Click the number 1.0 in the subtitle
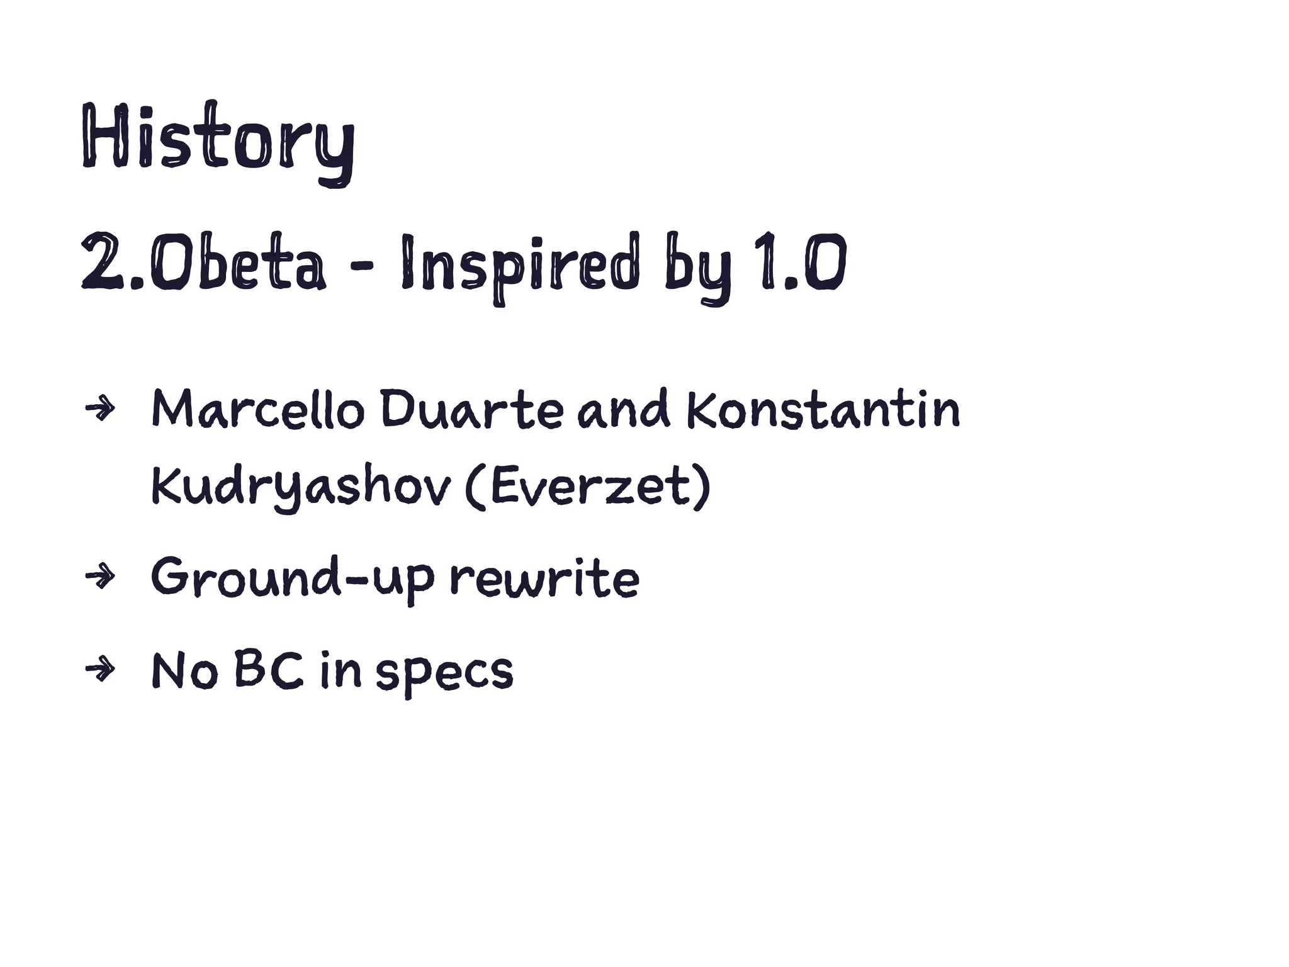(x=802, y=262)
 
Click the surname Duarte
(x=471, y=410)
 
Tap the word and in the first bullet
(x=624, y=410)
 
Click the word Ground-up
(x=293, y=578)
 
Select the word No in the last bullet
(x=184, y=671)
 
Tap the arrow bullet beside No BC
(x=101, y=670)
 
